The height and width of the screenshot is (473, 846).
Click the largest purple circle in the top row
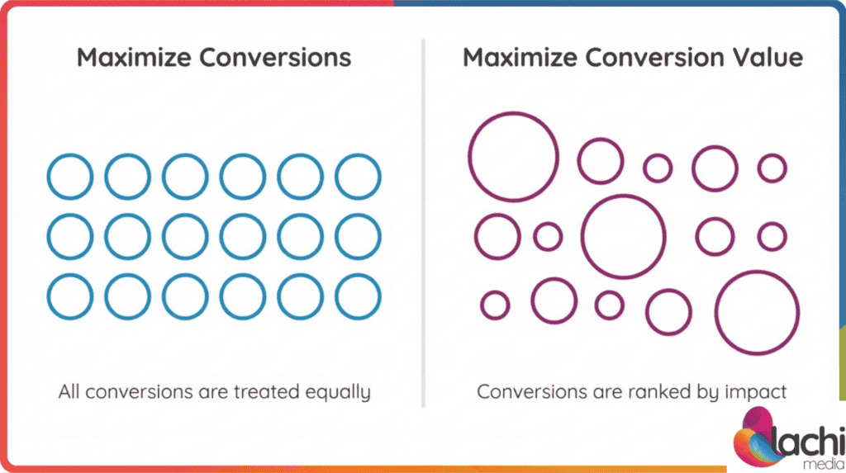coord(513,155)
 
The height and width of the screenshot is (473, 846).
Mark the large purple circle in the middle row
coord(623,237)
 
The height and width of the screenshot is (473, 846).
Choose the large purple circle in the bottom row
coord(757,312)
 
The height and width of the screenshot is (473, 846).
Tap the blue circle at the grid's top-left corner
coord(70,177)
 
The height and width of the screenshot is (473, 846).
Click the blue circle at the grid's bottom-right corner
coord(358,296)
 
